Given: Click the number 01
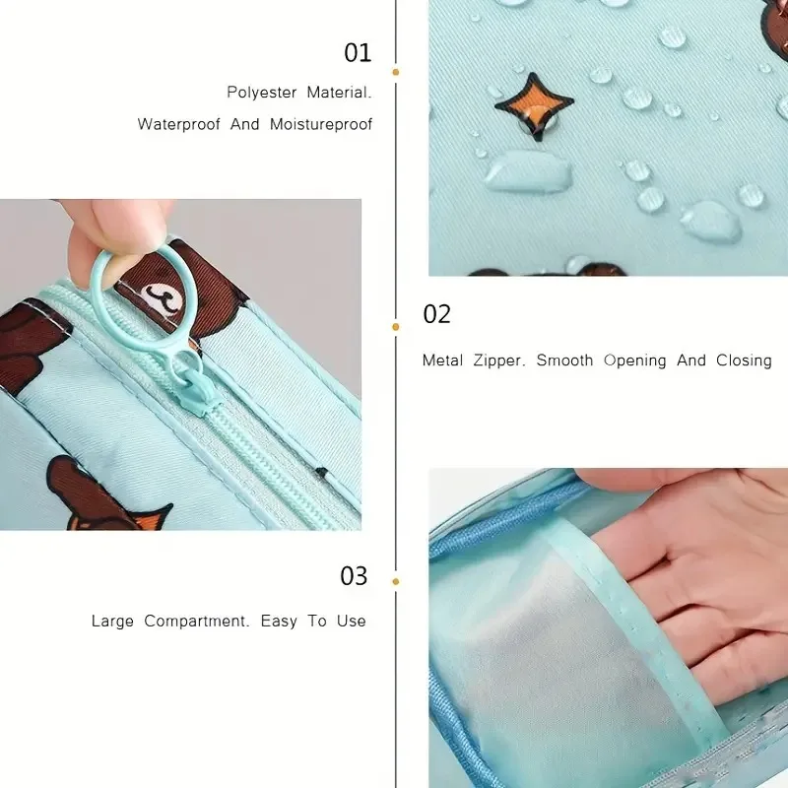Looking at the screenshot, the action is coord(358,53).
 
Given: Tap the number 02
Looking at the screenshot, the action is coord(436,314).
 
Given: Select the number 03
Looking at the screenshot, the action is coord(354,576).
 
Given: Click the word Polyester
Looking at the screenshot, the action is coord(262,93).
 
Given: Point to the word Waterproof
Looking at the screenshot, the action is coord(179,124).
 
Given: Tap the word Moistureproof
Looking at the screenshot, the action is coord(321,124).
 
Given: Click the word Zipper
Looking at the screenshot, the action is coord(499,361).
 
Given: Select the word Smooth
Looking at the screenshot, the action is coord(564,361).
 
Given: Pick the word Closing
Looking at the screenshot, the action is coord(744,361).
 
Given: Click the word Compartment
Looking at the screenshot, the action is coord(196,622).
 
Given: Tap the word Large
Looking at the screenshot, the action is coord(112,622).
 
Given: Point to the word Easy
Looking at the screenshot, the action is coord(279,622).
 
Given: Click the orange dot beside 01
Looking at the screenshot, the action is coord(396,72).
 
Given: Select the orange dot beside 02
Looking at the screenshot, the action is coord(396,327).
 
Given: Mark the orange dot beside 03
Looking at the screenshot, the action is coord(396,582).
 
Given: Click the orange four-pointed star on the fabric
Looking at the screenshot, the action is coord(534,104).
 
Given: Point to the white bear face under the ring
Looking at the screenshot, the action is coord(164,299).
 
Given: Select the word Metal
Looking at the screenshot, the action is coord(442,361).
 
